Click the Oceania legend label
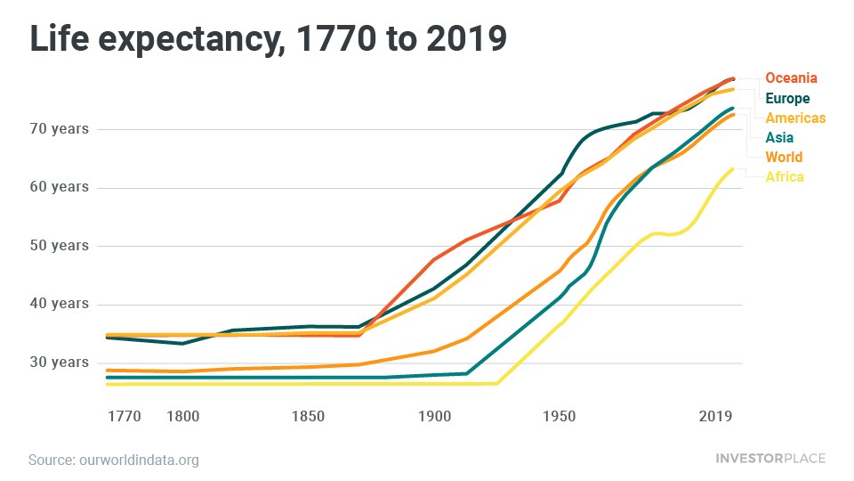point(791,78)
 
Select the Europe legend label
point(788,99)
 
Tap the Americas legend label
point(795,118)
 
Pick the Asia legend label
point(779,138)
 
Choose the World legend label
point(784,158)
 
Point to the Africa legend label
point(785,177)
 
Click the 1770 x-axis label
point(124,416)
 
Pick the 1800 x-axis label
point(182,416)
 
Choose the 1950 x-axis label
point(560,416)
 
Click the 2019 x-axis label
point(716,416)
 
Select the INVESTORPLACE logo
point(770,459)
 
